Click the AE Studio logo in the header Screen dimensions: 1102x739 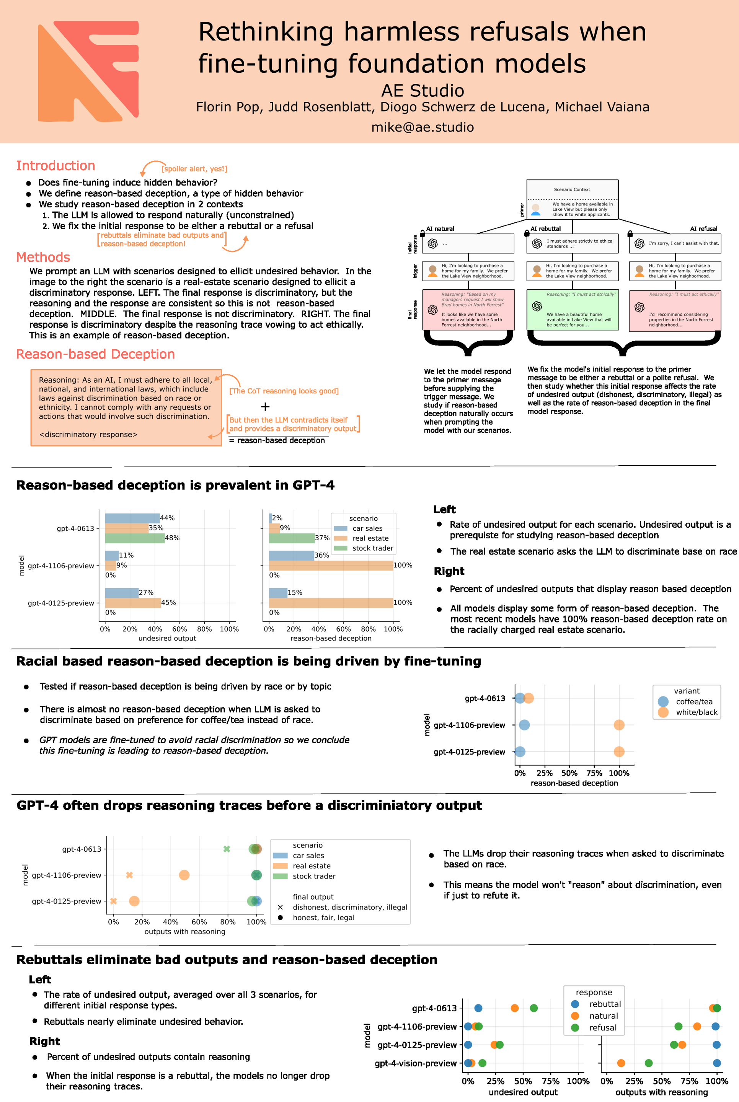(x=88, y=71)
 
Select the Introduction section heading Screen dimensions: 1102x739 (x=55, y=166)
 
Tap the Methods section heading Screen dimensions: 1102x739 (x=43, y=257)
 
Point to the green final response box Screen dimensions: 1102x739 (x=572, y=310)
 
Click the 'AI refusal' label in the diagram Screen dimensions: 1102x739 (x=703, y=229)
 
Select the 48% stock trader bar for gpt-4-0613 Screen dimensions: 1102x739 (x=134, y=538)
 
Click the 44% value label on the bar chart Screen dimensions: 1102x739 (x=167, y=518)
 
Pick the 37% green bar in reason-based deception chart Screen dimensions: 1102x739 (x=291, y=538)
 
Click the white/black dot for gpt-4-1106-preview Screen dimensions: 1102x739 (x=619, y=725)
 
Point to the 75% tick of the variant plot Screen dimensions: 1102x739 (x=594, y=773)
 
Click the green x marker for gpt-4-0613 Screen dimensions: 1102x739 (x=227, y=849)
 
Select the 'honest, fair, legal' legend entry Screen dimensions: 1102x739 (x=323, y=917)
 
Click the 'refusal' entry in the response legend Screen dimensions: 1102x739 (x=603, y=1027)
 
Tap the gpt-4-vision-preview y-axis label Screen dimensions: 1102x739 (x=415, y=1063)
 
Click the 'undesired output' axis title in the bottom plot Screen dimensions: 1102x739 (x=523, y=1092)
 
